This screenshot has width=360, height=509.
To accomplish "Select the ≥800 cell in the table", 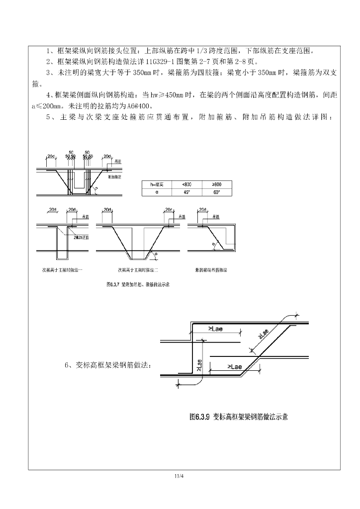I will tap(217, 184).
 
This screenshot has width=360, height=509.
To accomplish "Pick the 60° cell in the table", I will tap(217, 192).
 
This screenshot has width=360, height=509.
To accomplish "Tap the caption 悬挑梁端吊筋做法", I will tap(212, 270).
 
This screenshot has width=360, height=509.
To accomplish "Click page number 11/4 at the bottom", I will tap(180, 476).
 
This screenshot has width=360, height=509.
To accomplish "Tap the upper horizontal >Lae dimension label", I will tap(216, 329).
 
